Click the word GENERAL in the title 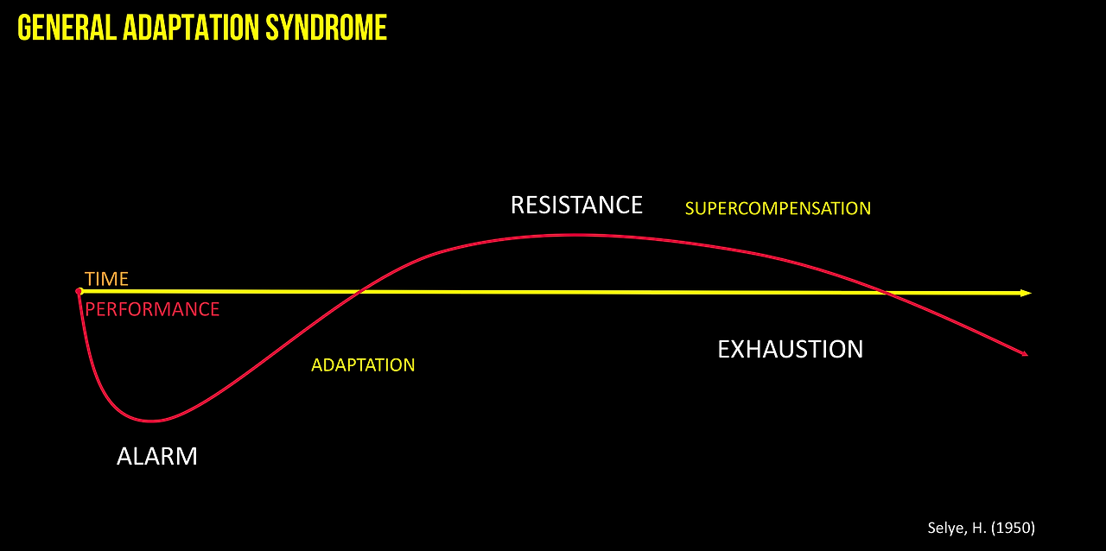click(67, 28)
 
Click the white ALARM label click(157, 456)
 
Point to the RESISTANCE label click(576, 205)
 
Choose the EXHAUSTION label click(790, 349)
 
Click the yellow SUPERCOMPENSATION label click(778, 208)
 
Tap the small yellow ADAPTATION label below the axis click(363, 364)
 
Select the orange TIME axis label click(106, 279)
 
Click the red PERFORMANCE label click(152, 309)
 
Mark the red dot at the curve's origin click(79, 292)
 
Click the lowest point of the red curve click(152, 421)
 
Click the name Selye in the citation click(945, 527)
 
